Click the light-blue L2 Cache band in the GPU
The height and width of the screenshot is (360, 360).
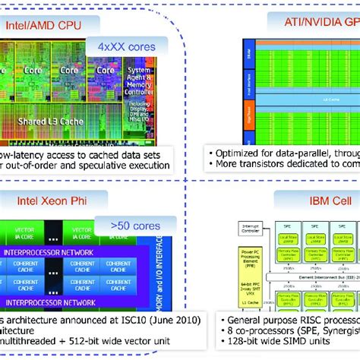tap(304, 99)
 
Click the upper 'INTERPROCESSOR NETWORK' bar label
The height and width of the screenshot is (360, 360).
tap(54, 251)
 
